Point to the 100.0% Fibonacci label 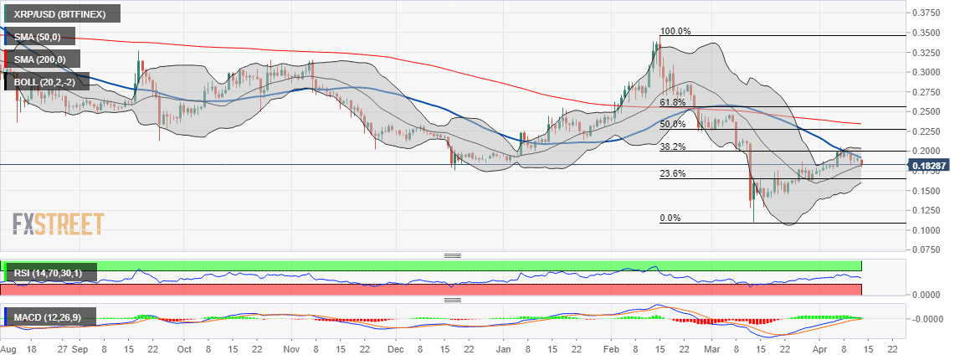(x=675, y=31)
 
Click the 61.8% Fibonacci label (x=673, y=102)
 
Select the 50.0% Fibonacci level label (x=673, y=124)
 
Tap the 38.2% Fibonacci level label (x=673, y=146)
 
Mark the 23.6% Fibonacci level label (x=673, y=174)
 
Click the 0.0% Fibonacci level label (x=670, y=218)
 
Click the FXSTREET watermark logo (x=59, y=224)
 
